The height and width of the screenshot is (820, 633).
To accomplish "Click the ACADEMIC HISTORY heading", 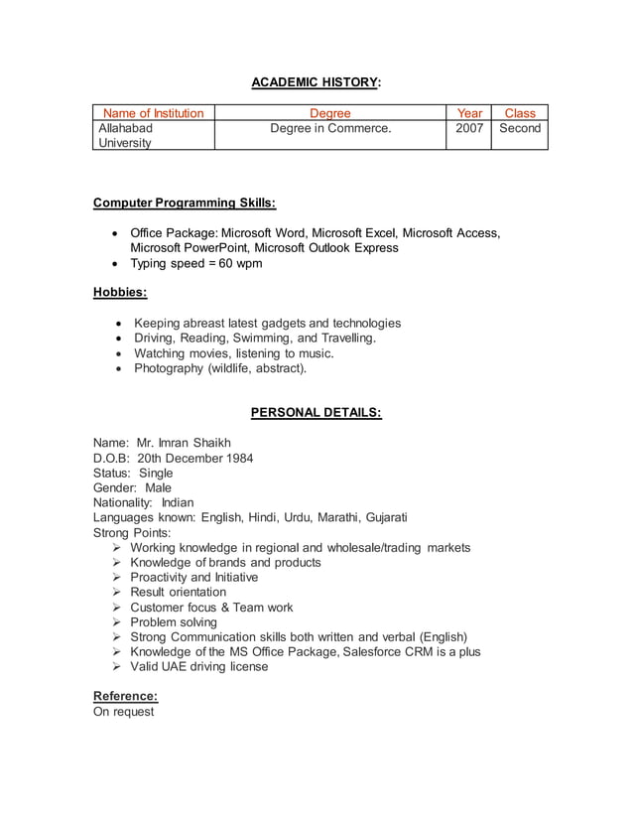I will [x=316, y=81].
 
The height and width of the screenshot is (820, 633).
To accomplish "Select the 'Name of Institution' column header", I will [x=154, y=113].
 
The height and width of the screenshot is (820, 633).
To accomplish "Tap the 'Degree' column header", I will [x=329, y=113].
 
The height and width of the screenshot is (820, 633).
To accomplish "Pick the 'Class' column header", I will [x=519, y=113].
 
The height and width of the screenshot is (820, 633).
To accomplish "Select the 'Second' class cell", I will [x=519, y=128].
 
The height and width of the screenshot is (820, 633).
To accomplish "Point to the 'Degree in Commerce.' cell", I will [x=329, y=128].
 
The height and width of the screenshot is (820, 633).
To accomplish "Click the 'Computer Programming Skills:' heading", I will [x=185, y=204].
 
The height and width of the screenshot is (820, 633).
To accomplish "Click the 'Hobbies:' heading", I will [x=120, y=292].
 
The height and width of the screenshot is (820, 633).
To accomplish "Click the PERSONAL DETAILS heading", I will [x=316, y=412].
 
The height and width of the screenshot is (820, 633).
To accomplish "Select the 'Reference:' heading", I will [x=125, y=696].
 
